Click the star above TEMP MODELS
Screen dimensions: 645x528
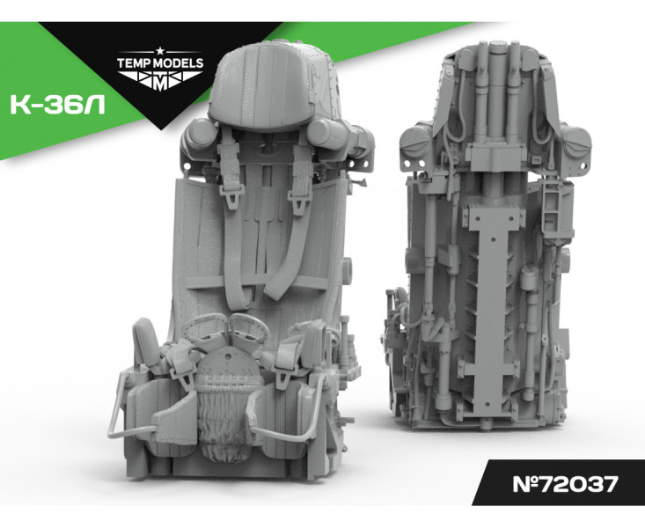(x=160, y=51)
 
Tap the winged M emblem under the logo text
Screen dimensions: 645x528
(x=160, y=80)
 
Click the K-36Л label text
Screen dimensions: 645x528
(x=57, y=106)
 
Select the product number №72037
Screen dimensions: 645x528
(x=566, y=484)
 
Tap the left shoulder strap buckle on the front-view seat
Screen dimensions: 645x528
(x=231, y=196)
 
